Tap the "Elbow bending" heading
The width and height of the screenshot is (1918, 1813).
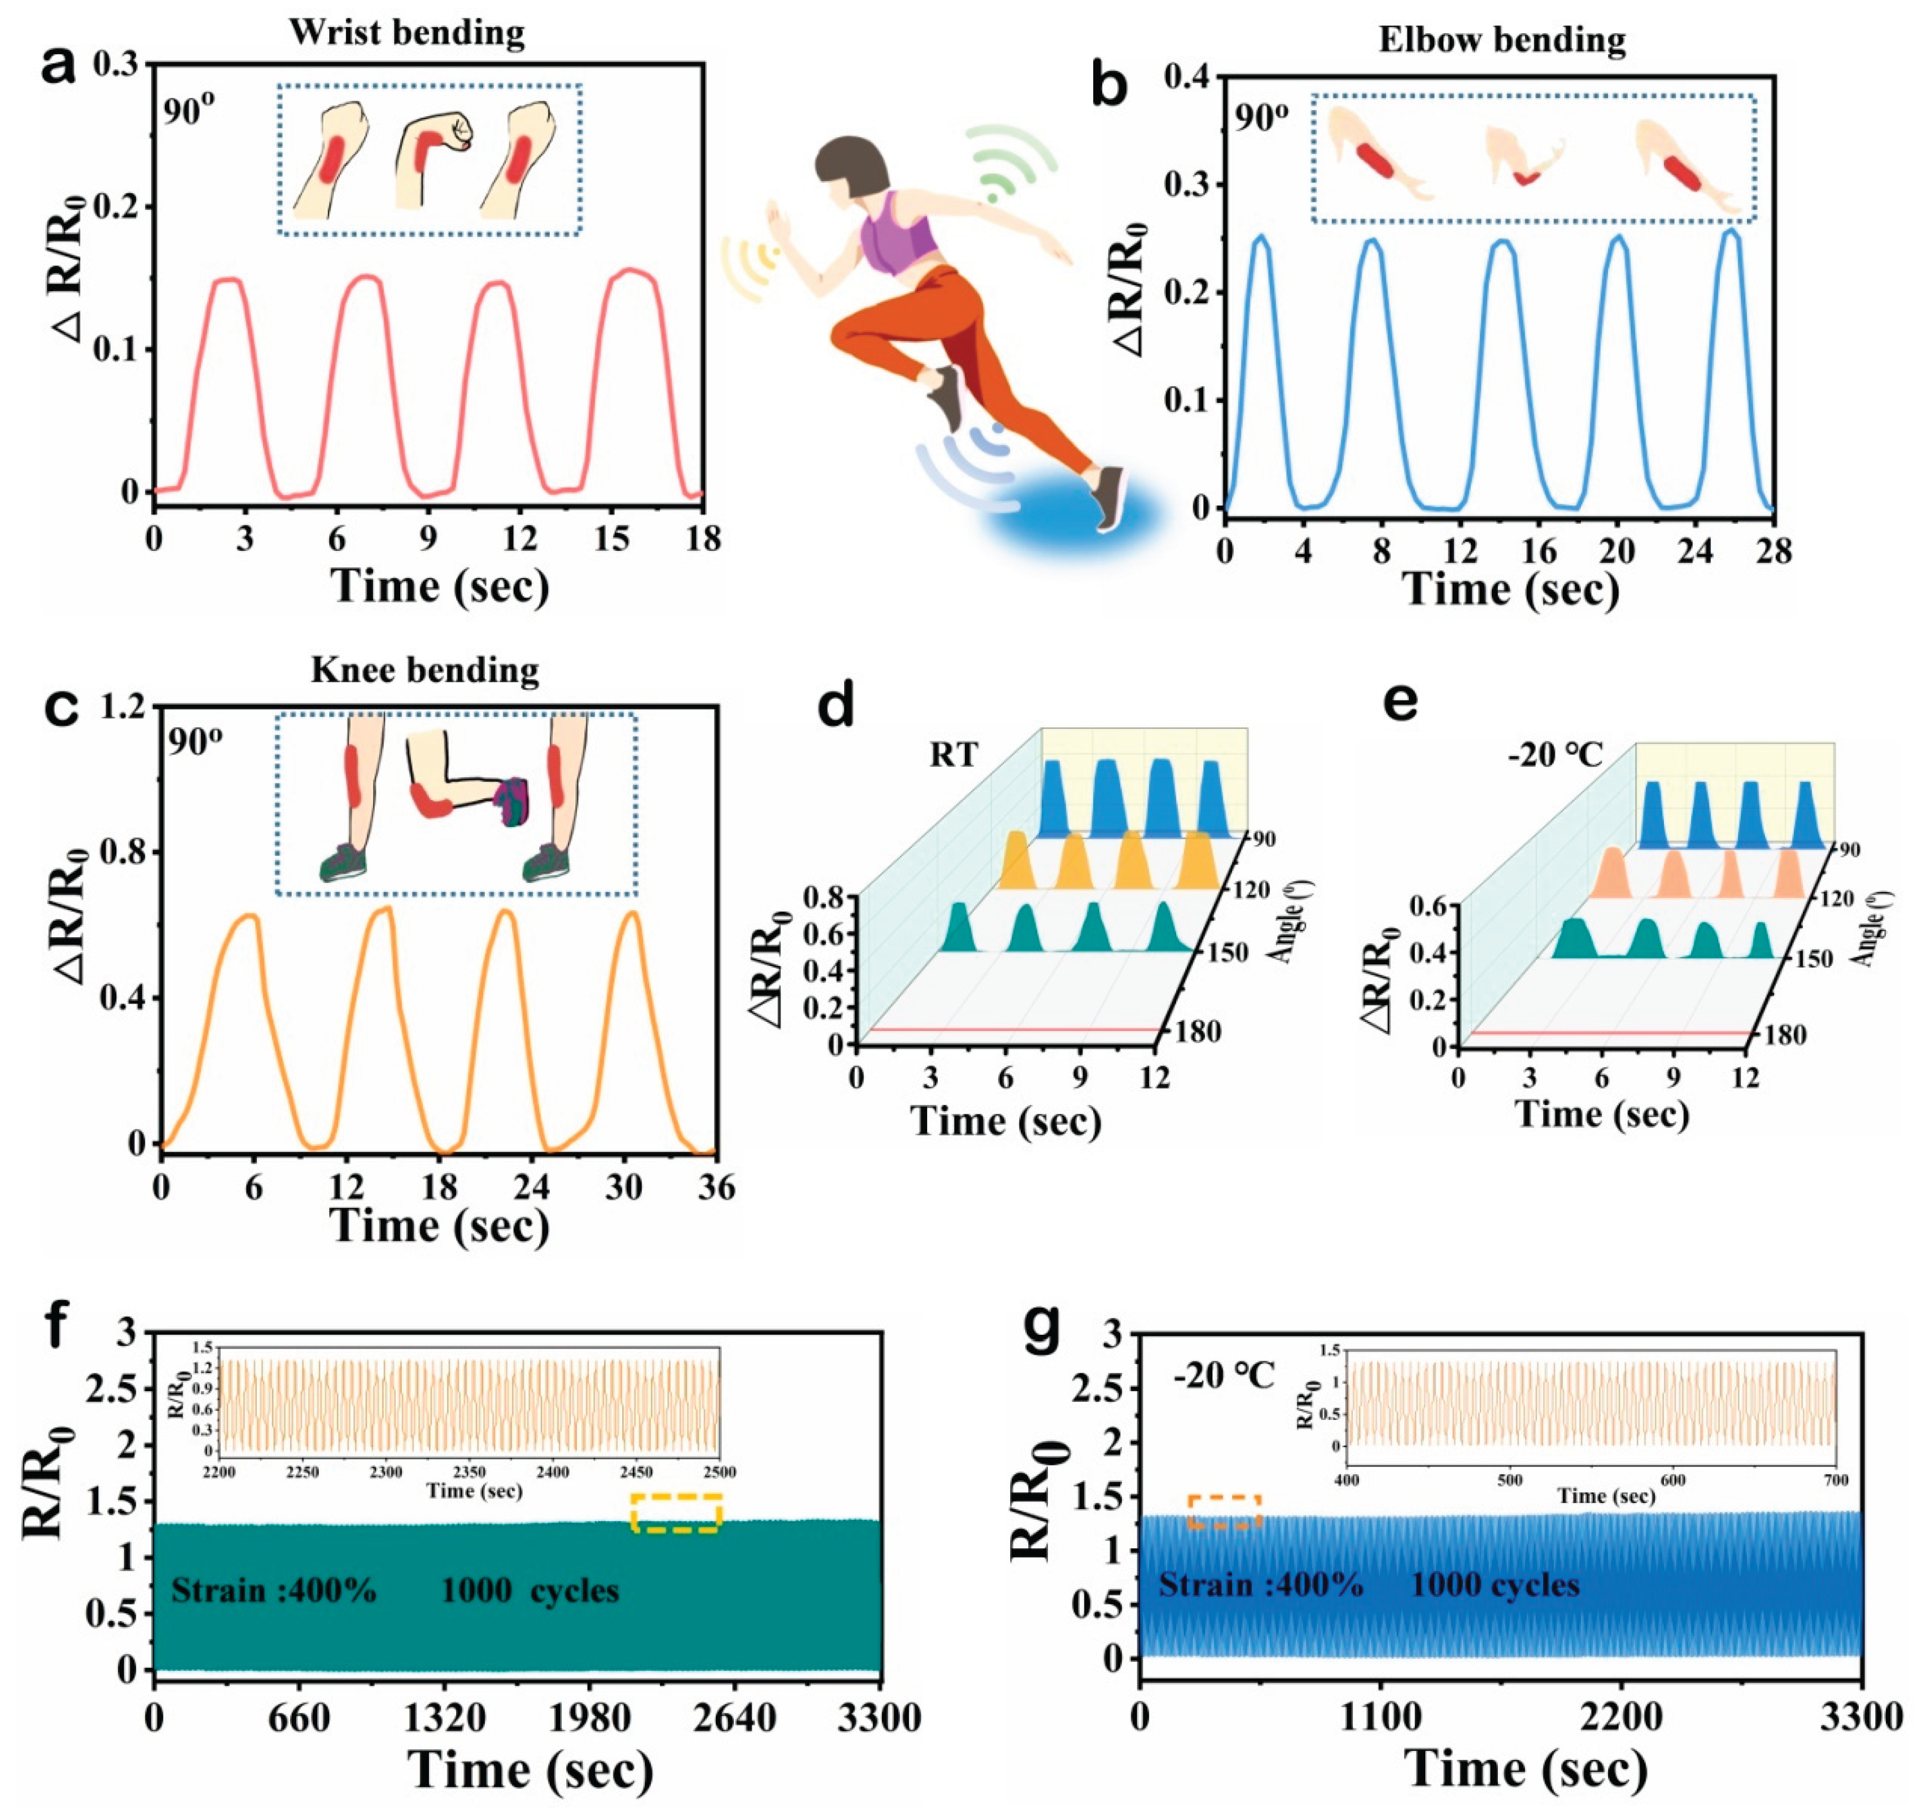(x=1502, y=40)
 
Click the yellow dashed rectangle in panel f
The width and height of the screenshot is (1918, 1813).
(x=676, y=1512)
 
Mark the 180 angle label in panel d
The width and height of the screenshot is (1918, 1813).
(x=1198, y=1032)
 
